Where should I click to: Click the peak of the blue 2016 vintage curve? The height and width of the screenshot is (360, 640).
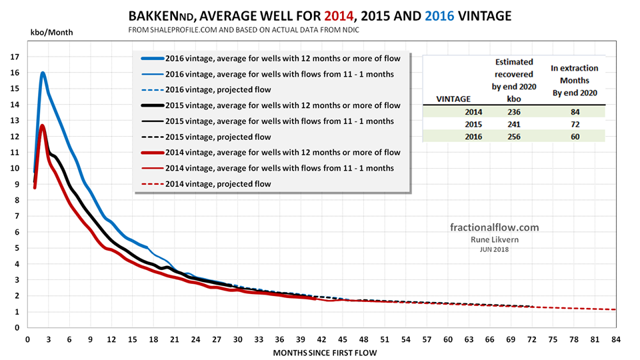(x=43, y=73)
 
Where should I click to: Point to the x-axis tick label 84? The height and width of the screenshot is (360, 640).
(x=616, y=339)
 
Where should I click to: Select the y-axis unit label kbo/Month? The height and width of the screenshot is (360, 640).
(x=51, y=31)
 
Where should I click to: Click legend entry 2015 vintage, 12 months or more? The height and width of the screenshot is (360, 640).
(x=273, y=105)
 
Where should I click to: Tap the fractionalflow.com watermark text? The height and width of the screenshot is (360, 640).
(x=494, y=227)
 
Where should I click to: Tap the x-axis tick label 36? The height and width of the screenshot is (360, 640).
(x=280, y=339)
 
